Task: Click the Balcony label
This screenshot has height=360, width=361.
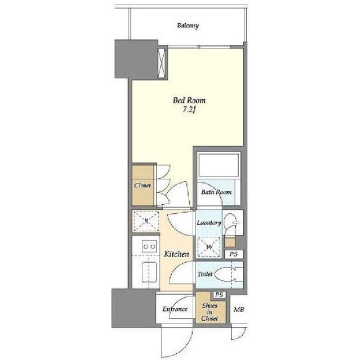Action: point(188,25)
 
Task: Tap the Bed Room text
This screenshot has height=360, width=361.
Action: point(189,101)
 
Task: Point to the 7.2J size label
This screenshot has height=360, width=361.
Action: point(189,110)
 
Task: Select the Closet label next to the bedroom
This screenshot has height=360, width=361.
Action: point(142,185)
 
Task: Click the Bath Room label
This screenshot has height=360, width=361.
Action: point(216,192)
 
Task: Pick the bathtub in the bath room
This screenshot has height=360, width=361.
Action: point(219,165)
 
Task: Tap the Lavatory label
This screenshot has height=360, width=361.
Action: point(209,223)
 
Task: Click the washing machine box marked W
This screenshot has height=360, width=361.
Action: point(209,247)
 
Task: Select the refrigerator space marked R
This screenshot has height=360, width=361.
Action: point(146,221)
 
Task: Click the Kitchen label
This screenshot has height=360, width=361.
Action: point(176,254)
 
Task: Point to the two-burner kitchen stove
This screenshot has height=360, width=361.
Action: point(149,246)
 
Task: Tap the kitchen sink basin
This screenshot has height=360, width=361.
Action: point(149,272)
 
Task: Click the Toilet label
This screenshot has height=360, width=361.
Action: point(205,274)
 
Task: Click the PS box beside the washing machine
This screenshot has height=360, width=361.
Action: point(234,254)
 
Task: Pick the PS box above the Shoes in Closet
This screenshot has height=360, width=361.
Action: point(219,295)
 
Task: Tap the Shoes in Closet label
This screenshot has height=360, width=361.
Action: point(210,312)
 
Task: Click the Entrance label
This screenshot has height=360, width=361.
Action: point(175,309)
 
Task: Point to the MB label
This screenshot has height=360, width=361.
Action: point(239,309)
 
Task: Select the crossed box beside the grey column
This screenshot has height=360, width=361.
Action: point(162,63)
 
